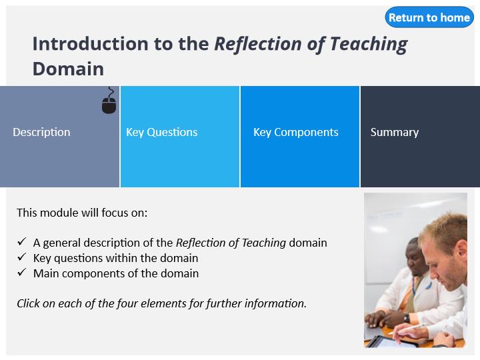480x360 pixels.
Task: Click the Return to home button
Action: [x=429, y=17]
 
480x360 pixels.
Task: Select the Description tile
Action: [x=60, y=137]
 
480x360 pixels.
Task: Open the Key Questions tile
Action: [x=180, y=137]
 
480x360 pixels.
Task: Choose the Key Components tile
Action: [x=300, y=137]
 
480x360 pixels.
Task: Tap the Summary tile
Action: [x=420, y=137]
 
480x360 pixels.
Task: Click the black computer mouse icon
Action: [x=109, y=101]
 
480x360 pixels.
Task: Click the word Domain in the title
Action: [x=68, y=69]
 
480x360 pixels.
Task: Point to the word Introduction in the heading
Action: [x=91, y=43]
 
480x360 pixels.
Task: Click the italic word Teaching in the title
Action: [x=369, y=45]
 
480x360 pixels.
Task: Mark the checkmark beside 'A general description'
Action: [x=22, y=242]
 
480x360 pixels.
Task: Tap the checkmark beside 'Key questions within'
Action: [x=22, y=257]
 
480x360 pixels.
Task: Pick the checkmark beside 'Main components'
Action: [x=22, y=273]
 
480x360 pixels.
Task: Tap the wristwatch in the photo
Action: [x=407, y=318]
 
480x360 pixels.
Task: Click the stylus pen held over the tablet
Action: [x=407, y=328]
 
